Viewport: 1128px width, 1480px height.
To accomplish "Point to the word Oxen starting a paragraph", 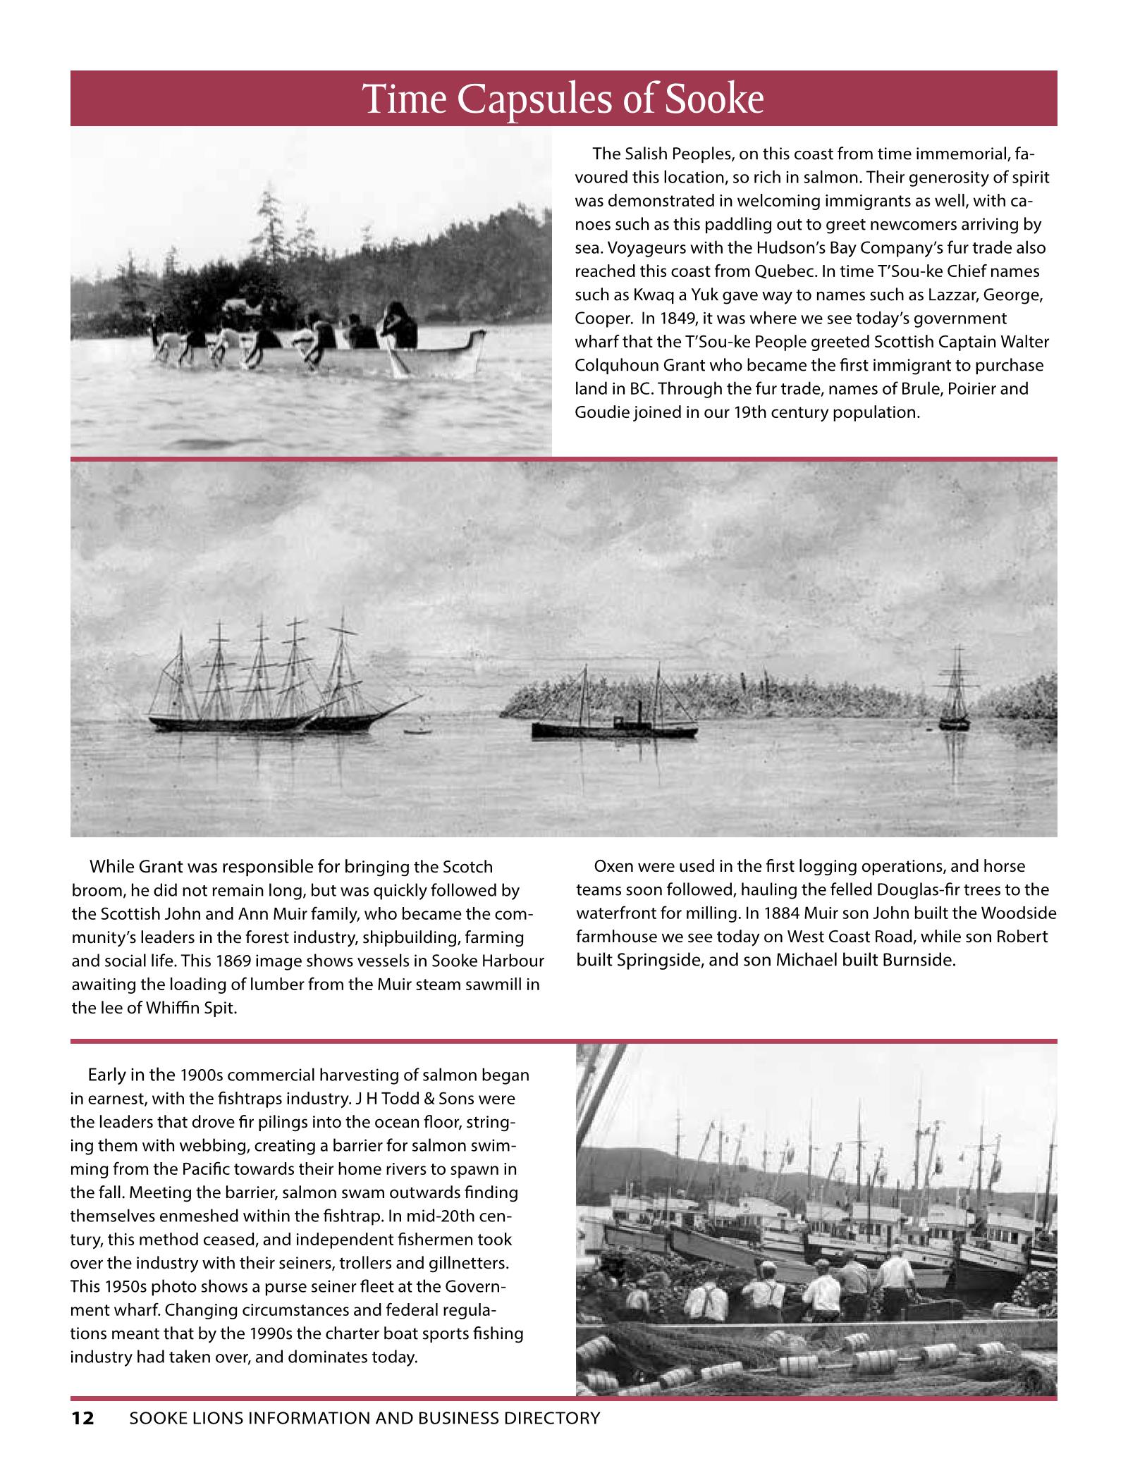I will (615, 866).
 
